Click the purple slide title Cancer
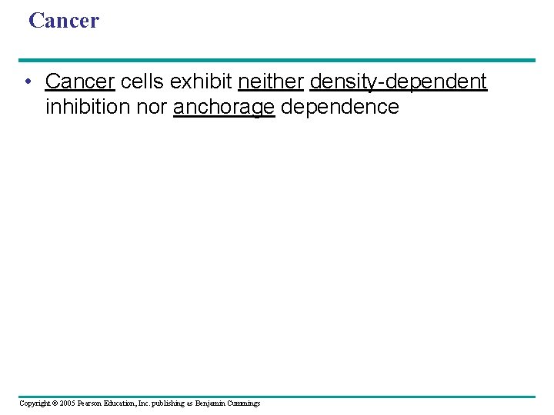(64, 21)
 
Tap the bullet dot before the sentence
(27, 81)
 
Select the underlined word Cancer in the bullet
(80, 81)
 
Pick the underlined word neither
(271, 81)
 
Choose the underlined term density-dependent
(398, 81)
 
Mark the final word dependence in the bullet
(340, 107)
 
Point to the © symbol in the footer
(56, 403)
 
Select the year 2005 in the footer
(68, 403)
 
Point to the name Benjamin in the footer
(211, 403)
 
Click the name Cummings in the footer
(244, 403)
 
